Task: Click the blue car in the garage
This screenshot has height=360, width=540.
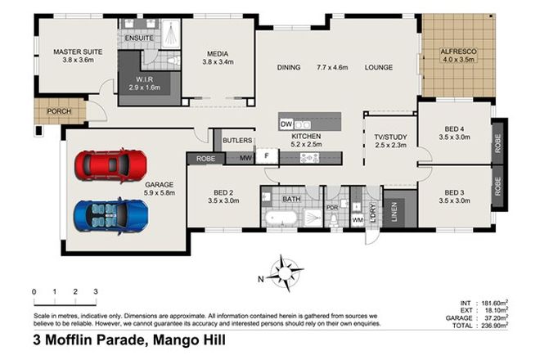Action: click(111, 214)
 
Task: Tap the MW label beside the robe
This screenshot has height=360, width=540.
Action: click(245, 158)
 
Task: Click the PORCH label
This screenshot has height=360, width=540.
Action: click(58, 112)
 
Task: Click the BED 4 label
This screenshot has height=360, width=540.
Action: click(456, 128)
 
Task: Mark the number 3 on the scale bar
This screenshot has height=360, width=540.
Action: click(95, 291)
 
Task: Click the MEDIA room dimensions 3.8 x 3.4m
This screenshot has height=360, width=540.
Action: click(217, 61)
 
